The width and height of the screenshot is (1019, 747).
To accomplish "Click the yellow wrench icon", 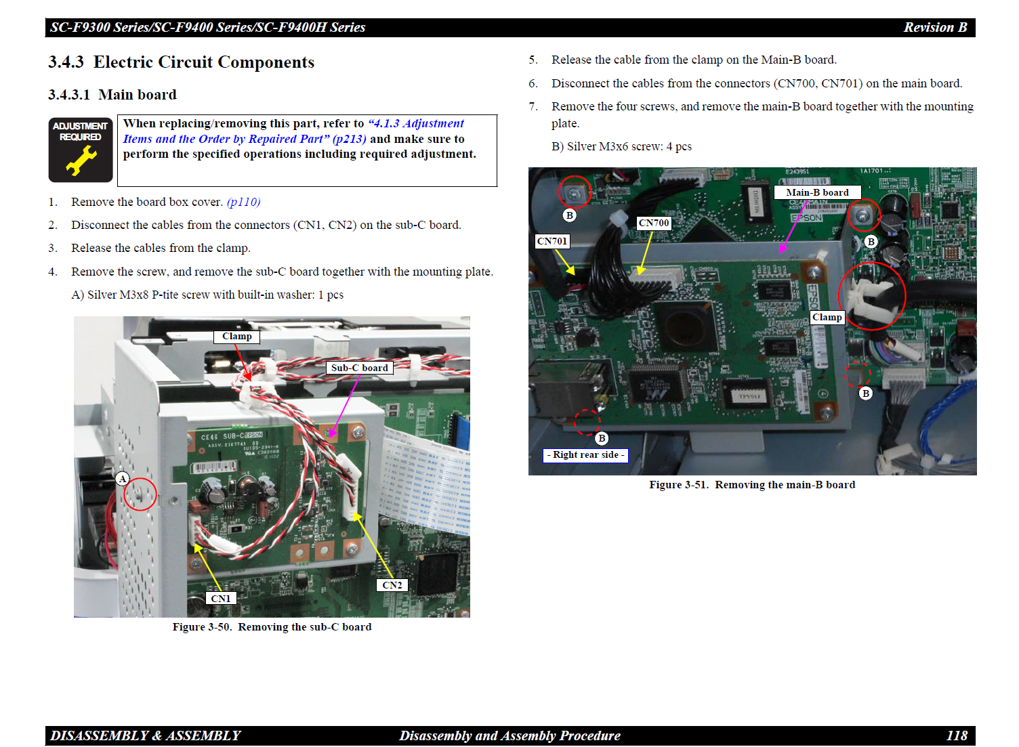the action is coord(81,161).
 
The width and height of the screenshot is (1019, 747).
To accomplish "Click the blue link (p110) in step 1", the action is coord(243,202).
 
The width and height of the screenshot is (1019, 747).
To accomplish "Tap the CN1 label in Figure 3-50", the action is coord(221,598).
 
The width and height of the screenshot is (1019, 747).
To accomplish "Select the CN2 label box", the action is coord(392,585).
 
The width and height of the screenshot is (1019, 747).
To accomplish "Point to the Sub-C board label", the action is coord(359,368).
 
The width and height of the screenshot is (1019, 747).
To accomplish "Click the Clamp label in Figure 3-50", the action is coord(236,337).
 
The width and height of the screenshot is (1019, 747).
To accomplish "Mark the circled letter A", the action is coord(123,478).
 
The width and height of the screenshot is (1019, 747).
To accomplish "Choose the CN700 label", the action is coord(654,223).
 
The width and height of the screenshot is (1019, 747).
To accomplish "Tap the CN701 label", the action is coord(552,241).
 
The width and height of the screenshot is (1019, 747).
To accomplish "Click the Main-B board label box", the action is coord(818,192).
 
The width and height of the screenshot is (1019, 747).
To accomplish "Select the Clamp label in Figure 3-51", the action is coord(827,318).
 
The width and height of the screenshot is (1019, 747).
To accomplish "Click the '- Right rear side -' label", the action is coord(585,455).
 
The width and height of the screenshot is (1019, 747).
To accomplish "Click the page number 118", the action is coord(957,735).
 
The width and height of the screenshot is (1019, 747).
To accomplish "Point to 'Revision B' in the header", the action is coord(935,27).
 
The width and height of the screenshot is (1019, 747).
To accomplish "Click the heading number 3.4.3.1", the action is coord(69,95).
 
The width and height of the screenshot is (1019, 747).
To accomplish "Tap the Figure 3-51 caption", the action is coord(752,485).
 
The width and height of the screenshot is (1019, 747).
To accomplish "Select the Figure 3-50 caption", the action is coord(272,627).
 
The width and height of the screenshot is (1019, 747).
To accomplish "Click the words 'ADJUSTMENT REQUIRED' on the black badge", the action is coord(80,131).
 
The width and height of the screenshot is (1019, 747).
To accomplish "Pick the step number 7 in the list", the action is coord(533,106).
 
